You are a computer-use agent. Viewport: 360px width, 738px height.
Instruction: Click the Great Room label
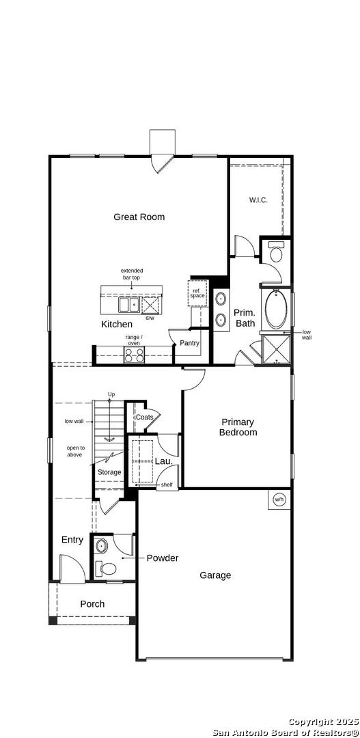[x=139, y=217]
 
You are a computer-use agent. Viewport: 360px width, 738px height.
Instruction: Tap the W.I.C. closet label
[x=258, y=200]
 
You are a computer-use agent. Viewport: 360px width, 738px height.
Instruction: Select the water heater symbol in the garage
[x=279, y=499]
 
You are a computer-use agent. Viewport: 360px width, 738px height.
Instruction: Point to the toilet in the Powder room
[x=107, y=569]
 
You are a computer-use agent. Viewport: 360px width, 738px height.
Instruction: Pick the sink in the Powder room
[x=101, y=547]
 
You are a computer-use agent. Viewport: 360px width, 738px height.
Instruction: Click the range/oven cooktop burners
[x=134, y=355]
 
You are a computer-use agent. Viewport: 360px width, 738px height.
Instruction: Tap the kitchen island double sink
[x=128, y=305]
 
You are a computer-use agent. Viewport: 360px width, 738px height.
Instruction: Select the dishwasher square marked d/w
[x=150, y=305]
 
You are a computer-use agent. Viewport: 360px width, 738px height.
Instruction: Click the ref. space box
[x=197, y=293]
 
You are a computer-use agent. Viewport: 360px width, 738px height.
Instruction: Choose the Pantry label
[x=190, y=343]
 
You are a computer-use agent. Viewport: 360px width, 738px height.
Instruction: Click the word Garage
[x=215, y=575]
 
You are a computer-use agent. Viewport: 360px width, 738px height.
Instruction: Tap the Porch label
[x=92, y=604]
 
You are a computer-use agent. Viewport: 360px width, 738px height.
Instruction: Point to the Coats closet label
[x=144, y=417]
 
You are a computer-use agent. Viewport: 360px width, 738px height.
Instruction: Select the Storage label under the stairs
[x=109, y=472]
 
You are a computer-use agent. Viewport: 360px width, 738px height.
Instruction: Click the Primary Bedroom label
[x=238, y=427]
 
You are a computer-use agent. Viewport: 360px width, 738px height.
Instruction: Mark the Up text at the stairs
[x=111, y=394]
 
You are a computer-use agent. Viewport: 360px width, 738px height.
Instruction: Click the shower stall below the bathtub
[x=276, y=349]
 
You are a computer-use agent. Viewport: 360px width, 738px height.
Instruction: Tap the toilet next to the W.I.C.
[x=275, y=251]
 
